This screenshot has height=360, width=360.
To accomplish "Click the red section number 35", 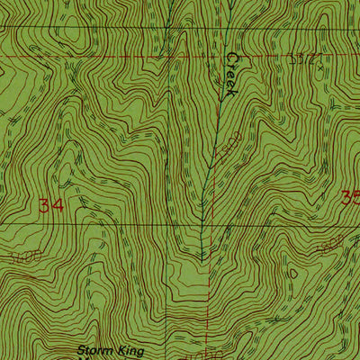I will click(352, 197).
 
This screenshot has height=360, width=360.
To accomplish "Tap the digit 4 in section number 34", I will click(60, 206).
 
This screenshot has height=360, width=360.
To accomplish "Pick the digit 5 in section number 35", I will click(355, 197).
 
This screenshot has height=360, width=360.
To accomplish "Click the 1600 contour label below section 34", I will click(27, 257).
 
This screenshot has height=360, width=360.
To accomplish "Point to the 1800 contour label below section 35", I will click(332, 247).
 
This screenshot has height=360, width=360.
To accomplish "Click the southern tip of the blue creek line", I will click(203, 261).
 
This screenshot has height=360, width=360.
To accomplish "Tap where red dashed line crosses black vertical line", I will click(168, 57).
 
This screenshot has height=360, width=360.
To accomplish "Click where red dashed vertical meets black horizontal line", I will click(209, 224).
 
